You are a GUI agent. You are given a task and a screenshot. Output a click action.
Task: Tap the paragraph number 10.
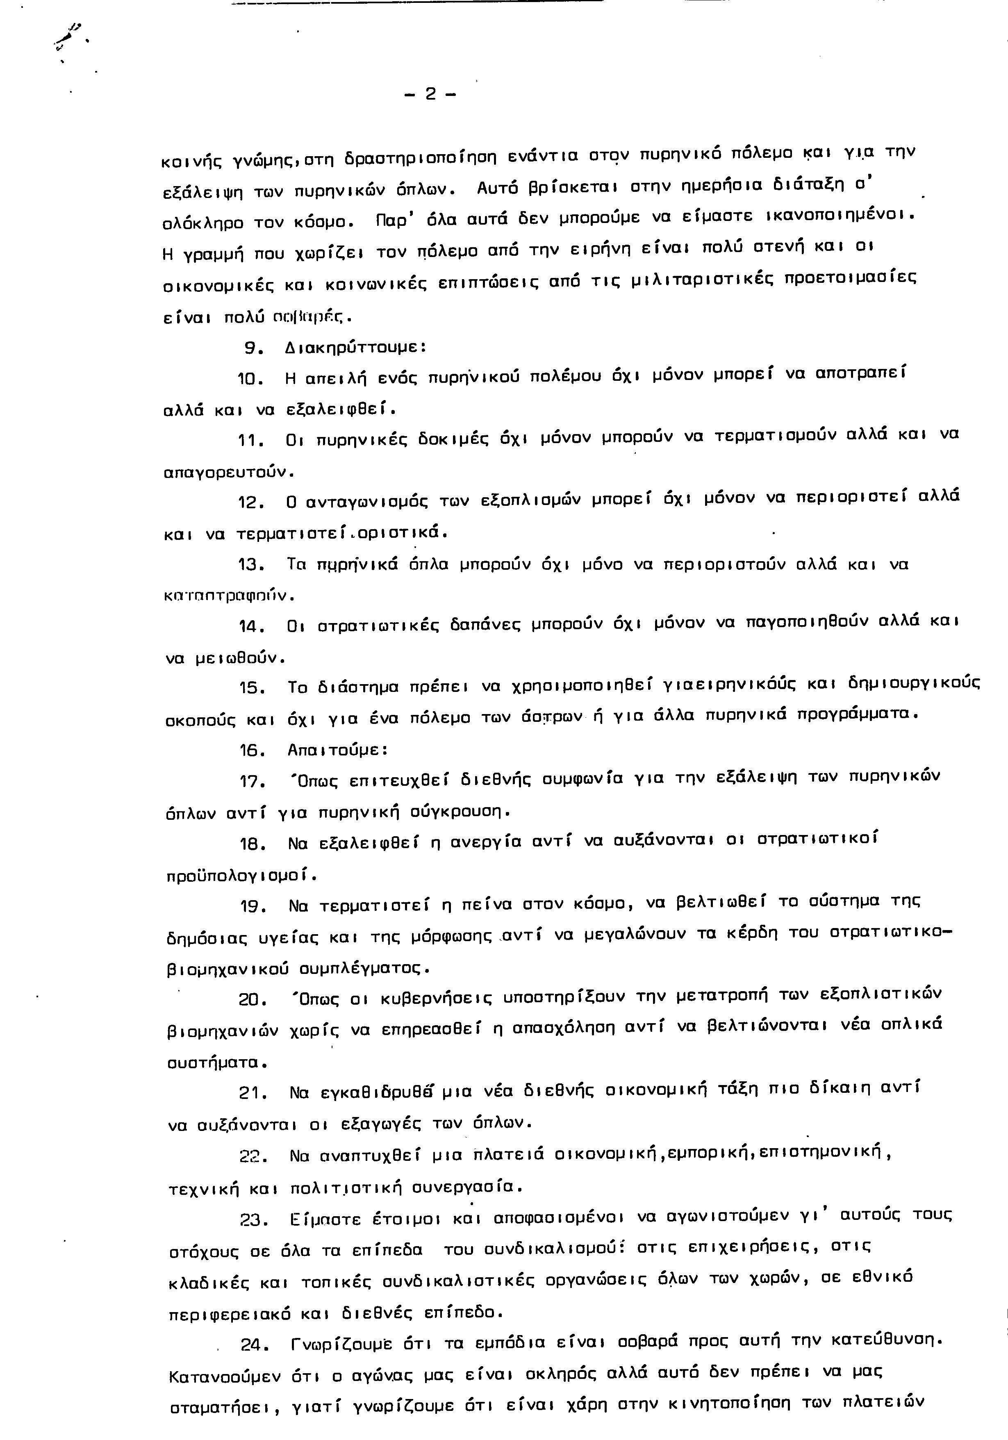(x=253, y=379)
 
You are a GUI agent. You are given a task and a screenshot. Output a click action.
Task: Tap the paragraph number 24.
(x=255, y=1344)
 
